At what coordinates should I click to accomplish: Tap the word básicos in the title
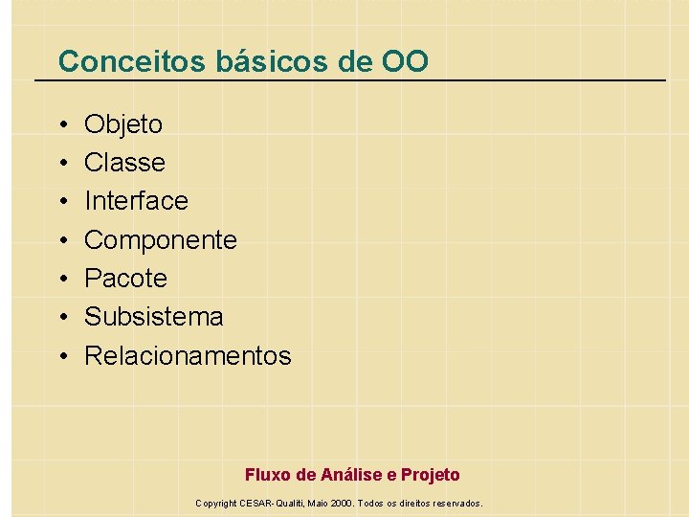(259, 62)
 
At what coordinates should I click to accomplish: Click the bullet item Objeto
(123, 124)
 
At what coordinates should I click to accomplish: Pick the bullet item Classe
(124, 163)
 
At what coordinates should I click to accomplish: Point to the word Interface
(136, 201)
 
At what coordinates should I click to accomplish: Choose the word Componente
(160, 240)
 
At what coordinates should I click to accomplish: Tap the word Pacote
(125, 279)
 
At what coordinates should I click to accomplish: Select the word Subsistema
(153, 317)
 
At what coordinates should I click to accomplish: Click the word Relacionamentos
(188, 356)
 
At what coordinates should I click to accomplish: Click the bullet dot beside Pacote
(61, 280)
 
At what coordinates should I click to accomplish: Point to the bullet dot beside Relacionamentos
(61, 357)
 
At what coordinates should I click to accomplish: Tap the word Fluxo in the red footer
(266, 475)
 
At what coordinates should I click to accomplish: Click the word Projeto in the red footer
(430, 475)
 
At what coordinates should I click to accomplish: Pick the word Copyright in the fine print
(216, 503)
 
